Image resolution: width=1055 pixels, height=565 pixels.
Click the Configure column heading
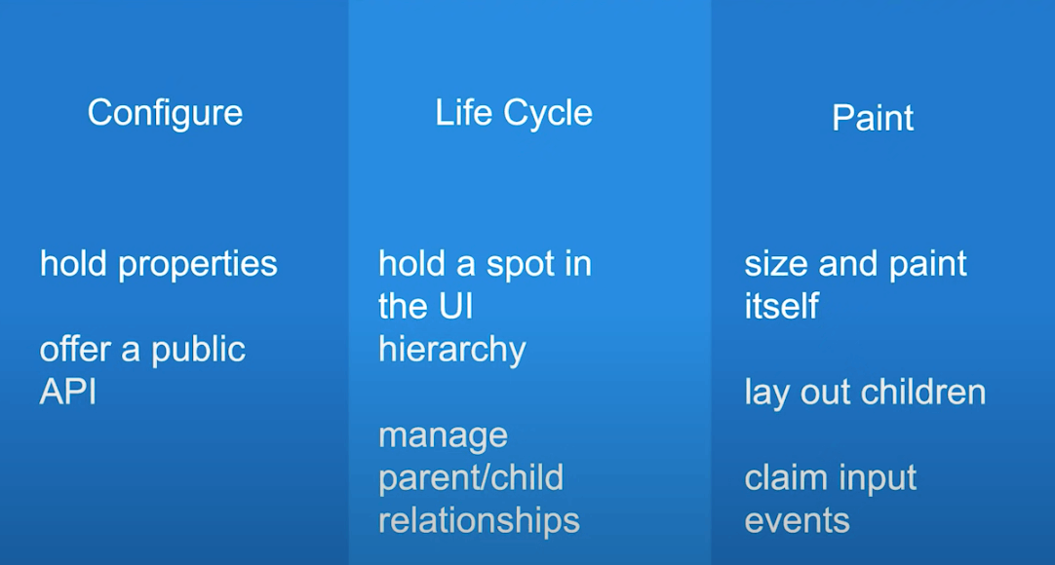[x=165, y=114]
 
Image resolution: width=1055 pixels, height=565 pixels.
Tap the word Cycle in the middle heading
[x=548, y=113]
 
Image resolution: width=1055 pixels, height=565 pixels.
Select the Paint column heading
[x=873, y=118]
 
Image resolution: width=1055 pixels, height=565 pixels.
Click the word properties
[x=198, y=265]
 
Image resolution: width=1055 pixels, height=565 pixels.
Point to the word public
[x=198, y=350]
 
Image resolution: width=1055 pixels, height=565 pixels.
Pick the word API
[x=68, y=392]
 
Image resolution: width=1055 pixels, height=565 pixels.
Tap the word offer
[x=74, y=350]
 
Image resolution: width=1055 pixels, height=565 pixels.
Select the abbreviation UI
[x=455, y=306]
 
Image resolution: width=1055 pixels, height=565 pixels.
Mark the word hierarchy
[x=452, y=350]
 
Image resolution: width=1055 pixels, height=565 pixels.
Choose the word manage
[x=444, y=436]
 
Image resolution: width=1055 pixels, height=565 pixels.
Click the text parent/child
[x=471, y=478]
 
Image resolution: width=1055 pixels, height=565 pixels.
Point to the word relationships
[x=479, y=521]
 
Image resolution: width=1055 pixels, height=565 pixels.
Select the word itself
[x=782, y=306]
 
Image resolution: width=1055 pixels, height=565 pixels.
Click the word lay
[x=767, y=393]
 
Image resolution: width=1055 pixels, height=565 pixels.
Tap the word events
[x=798, y=521]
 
